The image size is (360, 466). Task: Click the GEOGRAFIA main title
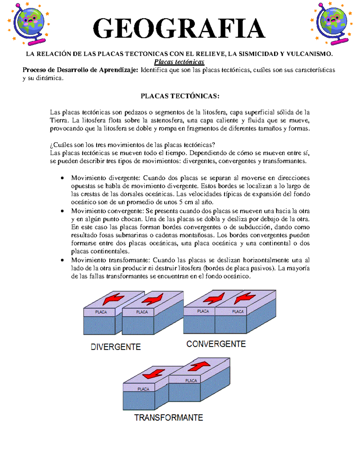(179, 28)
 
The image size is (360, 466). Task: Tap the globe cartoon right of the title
(331, 23)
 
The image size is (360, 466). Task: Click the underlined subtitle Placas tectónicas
(179, 62)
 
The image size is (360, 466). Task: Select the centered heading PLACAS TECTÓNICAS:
(180, 96)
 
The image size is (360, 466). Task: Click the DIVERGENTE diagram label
(116, 347)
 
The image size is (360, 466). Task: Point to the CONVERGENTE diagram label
(216, 344)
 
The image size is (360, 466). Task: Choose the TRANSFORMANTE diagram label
(169, 417)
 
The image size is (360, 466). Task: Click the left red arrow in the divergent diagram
(113, 299)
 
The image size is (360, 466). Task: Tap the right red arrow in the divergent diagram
(152, 299)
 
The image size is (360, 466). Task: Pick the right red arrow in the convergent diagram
(244, 298)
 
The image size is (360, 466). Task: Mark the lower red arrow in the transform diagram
(154, 374)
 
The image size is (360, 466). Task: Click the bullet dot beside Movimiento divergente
(62, 178)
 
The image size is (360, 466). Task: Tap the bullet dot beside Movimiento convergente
(62, 211)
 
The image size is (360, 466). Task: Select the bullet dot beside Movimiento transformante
(62, 260)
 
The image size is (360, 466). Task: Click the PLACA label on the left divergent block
(101, 312)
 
